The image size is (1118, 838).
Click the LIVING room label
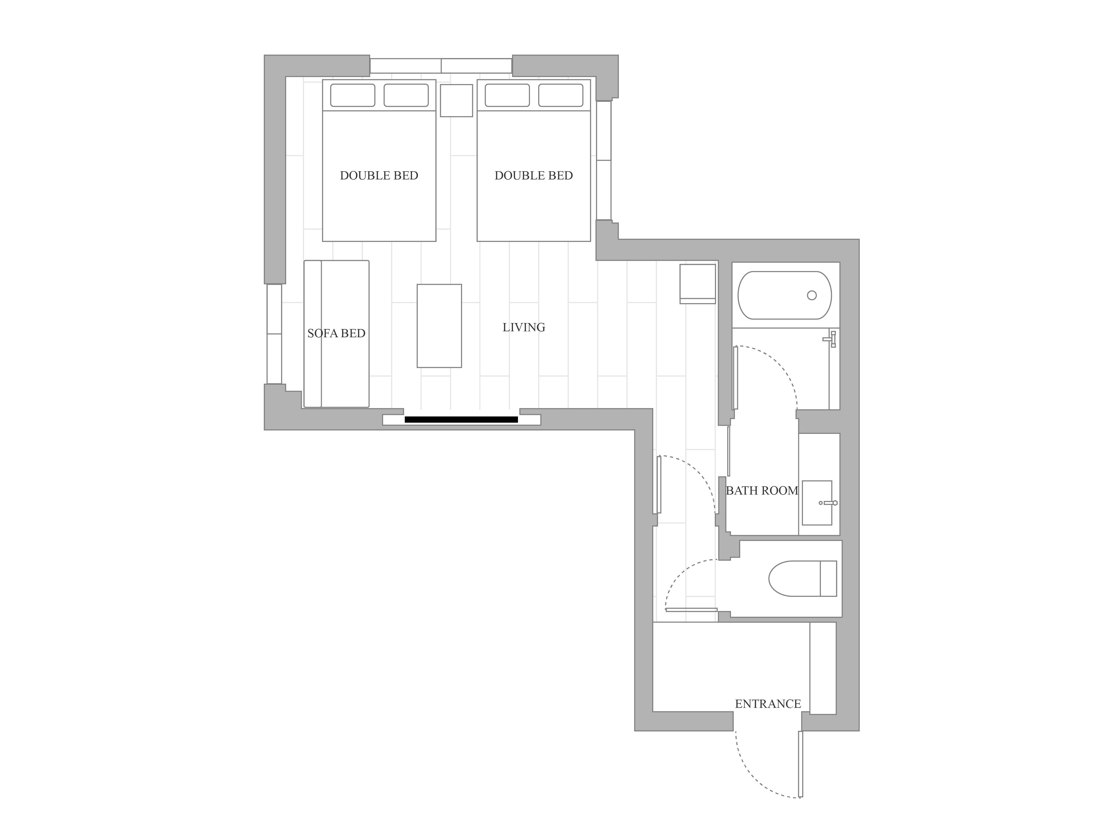(524, 327)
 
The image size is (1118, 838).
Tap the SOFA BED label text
(336, 333)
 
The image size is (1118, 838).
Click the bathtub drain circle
(812, 295)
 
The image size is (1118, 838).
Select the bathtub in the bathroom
(785, 295)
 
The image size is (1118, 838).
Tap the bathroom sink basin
(817, 503)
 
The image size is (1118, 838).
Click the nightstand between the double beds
(457, 101)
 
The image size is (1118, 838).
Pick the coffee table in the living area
(439, 326)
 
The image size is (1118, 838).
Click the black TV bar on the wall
(461, 419)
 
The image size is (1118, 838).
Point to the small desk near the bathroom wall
(698, 284)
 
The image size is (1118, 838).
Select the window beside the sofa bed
(274, 334)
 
